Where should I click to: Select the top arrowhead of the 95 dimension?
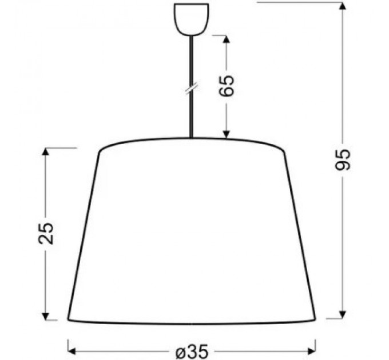[x=343, y=6]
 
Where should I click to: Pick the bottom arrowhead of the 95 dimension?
[x=343, y=314]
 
